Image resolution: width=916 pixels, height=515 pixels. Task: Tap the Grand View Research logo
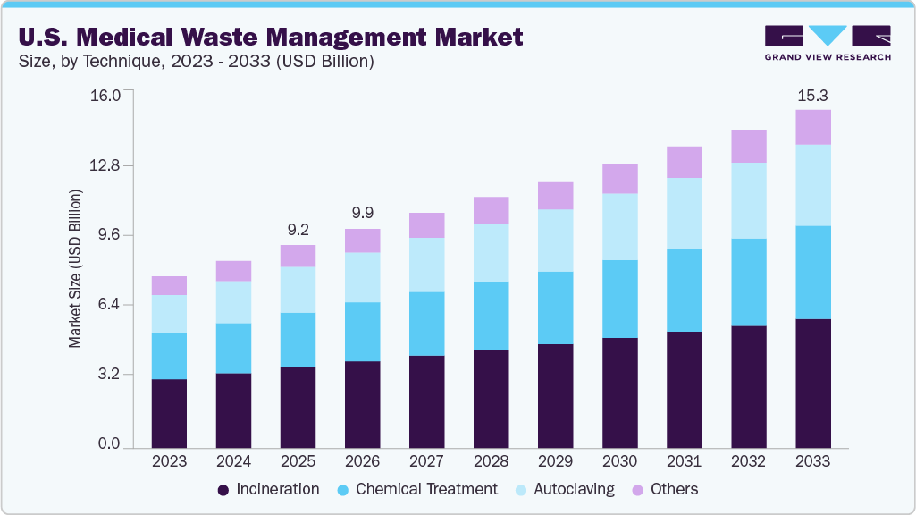pos(828,42)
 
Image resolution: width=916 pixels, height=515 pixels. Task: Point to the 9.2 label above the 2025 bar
pos(298,229)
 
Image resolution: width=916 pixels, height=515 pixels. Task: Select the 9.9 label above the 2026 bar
pos(362,213)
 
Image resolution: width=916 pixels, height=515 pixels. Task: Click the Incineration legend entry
pos(268,489)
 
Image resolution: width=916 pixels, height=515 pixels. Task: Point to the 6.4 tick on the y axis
pos(108,305)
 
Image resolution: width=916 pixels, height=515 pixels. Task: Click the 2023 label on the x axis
pos(169,461)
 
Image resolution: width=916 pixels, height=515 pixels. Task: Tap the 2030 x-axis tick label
pos(619,461)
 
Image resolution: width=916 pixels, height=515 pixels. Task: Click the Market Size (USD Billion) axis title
pos(76,268)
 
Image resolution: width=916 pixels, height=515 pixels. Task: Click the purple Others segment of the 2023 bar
pos(169,285)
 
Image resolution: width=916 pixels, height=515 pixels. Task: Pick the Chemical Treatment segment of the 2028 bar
pos(491,315)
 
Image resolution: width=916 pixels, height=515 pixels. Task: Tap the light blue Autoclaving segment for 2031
pos(684,213)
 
